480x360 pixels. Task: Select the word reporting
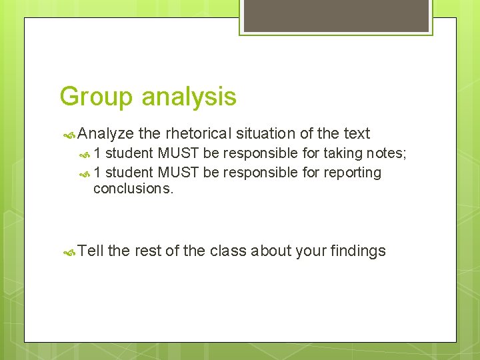(x=353, y=173)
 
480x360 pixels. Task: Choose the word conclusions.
(x=133, y=189)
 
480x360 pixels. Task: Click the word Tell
(x=91, y=251)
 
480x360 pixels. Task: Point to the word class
(x=228, y=251)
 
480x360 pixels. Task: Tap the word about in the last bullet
(x=275, y=251)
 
